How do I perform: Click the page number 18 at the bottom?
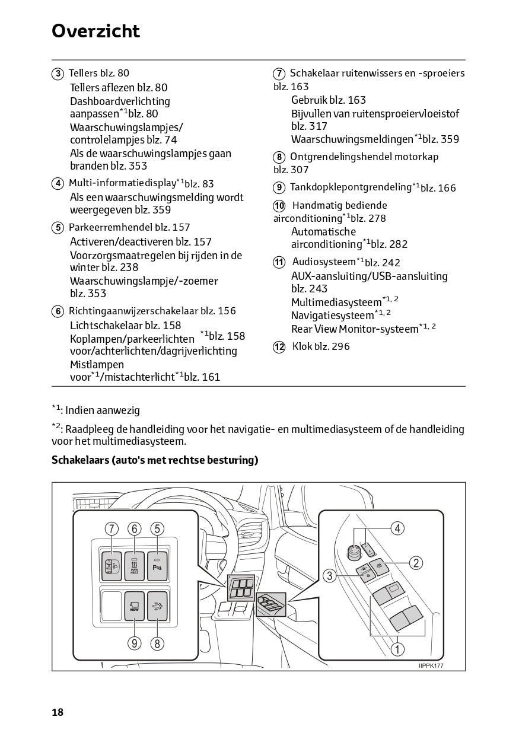[x=58, y=712]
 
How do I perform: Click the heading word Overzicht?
[x=95, y=31]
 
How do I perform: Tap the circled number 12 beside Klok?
[x=279, y=347]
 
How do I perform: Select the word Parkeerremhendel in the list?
[x=110, y=227]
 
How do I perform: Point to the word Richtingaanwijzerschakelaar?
[x=133, y=311]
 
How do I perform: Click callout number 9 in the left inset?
[x=135, y=643]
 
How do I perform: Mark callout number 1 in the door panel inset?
[x=397, y=649]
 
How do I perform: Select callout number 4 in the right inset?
[x=397, y=528]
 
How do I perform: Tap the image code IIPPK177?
[x=431, y=665]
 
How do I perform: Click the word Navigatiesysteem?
[x=332, y=316]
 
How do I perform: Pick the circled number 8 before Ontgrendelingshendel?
[x=279, y=157]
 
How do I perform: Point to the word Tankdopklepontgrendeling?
[x=350, y=187]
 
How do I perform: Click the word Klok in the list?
[x=303, y=346]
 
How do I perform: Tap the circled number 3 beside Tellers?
[x=58, y=74]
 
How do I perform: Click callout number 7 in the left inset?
[x=112, y=528]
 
